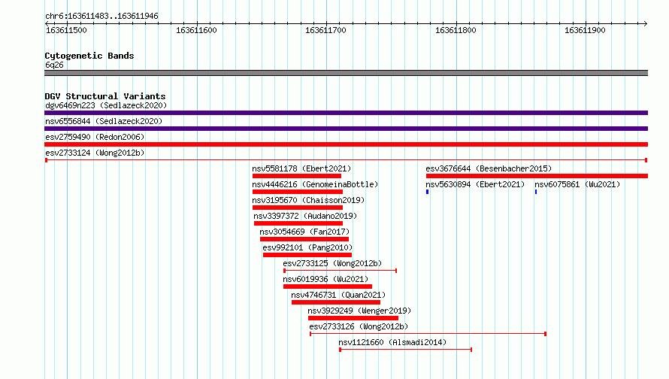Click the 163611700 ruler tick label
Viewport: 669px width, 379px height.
coord(325,30)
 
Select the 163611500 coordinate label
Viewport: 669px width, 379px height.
coord(66,30)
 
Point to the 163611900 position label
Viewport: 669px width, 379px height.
coord(585,30)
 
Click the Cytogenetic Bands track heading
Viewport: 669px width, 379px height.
coord(89,56)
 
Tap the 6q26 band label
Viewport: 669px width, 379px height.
coord(54,65)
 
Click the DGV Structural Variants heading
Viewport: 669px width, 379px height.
coord(105,96)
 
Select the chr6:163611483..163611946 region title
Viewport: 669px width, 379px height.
coord(101,17)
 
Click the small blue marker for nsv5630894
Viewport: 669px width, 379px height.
coord(427,192)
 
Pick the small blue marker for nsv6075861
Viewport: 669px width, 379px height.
coord(536,192)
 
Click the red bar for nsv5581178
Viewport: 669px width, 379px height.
coord(296,176)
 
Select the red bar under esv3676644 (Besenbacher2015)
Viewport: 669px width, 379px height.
coord(537,176)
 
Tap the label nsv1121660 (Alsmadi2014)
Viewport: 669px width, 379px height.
coord(392,342)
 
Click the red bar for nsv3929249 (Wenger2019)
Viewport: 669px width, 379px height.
coord(353,318)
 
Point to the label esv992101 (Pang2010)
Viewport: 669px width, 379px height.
coord(307,247)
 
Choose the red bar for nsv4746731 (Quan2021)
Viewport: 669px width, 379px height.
coord(336,302)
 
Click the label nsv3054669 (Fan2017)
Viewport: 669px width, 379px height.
coord(304,232)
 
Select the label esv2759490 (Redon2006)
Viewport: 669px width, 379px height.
coord(95,137)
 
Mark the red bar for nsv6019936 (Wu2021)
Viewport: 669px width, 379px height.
coord(327,287)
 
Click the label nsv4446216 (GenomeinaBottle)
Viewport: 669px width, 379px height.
coord(315,184)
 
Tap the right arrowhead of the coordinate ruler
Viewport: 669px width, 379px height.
coord(646,24)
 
